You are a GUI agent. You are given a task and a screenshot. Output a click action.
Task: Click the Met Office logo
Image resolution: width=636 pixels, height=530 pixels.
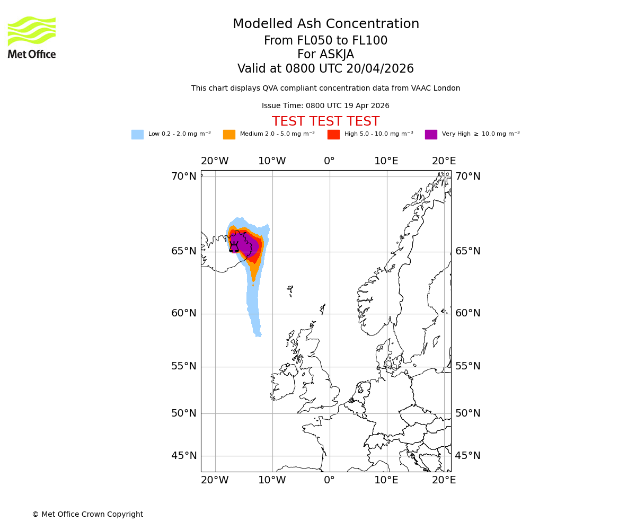(32, 37)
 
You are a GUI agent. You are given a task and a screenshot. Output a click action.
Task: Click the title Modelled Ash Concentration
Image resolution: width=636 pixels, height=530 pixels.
(326, 24)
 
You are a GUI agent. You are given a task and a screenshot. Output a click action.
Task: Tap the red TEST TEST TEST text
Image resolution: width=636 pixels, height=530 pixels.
(325, 122)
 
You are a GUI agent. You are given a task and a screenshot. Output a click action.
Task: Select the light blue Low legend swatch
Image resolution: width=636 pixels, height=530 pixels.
(137, 135)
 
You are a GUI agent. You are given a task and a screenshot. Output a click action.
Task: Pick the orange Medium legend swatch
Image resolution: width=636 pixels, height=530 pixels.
(229, 135)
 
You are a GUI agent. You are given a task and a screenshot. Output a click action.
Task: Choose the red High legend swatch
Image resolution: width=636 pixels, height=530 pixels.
(333, 135)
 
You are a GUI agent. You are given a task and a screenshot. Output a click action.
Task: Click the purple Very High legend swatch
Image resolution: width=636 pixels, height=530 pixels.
(431, 135)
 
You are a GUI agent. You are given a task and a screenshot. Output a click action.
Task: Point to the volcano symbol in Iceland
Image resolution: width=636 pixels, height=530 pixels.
(234, 247)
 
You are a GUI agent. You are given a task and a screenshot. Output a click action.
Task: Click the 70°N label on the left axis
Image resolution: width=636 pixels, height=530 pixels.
(183, 176)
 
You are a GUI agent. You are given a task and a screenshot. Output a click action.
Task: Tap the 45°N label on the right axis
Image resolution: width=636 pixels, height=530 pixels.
(468, 456)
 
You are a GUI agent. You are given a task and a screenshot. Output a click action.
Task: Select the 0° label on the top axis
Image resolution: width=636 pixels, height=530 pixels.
(329, 161)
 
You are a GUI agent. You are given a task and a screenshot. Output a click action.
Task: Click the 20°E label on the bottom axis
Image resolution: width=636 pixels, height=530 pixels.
(444, 480)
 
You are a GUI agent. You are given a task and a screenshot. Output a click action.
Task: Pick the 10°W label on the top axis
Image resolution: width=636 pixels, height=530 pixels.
(272, 161)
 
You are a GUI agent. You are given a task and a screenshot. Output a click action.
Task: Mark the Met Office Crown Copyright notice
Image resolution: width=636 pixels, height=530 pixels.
(87, 515)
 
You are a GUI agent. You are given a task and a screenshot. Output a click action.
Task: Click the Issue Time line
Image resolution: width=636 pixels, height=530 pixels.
(325, 106)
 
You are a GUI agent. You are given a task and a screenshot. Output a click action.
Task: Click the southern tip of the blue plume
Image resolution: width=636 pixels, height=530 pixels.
(258, 334)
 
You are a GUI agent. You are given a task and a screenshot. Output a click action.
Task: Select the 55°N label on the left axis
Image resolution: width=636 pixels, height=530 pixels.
(183, 366)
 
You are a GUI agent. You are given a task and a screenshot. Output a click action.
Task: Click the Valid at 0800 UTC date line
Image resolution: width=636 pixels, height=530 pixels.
(325, 69)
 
